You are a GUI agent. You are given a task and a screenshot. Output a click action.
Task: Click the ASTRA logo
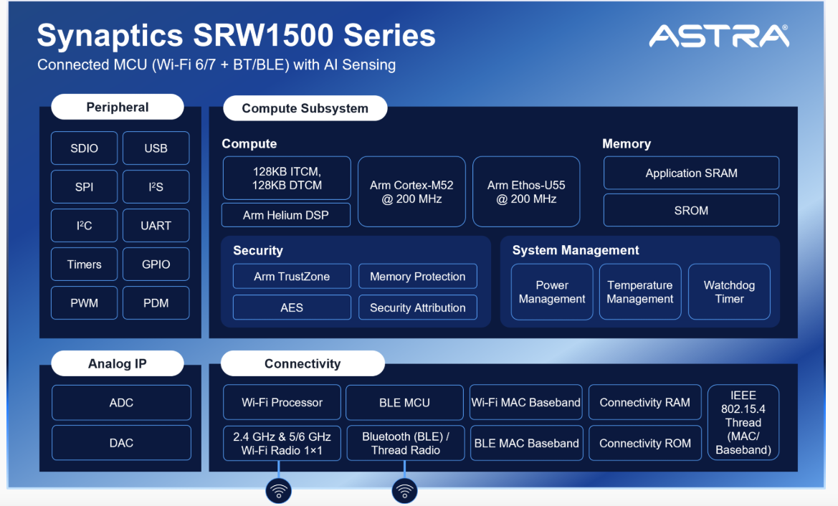coord(719,36)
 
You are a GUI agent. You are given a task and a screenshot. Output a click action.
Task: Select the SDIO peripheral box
coord(85,148)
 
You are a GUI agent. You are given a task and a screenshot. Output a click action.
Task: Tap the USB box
coord(156,148)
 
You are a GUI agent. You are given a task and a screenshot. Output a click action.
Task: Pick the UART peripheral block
coord(156,226)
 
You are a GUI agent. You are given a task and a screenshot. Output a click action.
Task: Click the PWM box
coord(85,303)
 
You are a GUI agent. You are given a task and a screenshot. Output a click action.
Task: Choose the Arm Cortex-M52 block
coord(411,192)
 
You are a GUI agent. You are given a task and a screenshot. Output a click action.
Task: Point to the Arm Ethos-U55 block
coord(526,192)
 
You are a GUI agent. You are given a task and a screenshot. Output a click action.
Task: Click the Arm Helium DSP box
coord(286,215)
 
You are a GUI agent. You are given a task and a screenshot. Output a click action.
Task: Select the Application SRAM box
coord(691,173)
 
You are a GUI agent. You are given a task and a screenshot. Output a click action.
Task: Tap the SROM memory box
coord(691,211)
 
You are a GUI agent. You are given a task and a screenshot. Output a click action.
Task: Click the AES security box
coord(292,307)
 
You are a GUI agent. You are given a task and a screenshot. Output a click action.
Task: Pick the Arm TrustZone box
coord(292,276)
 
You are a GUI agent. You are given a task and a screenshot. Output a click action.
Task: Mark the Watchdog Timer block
coord(729,292)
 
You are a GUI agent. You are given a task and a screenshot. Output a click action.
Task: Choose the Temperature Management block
coord(640,292)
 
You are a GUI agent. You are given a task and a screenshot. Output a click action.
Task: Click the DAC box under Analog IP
coord(121,443)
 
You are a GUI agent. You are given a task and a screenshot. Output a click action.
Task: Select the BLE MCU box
coord(404,402)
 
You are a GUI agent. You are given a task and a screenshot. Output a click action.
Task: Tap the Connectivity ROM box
coord(645,443)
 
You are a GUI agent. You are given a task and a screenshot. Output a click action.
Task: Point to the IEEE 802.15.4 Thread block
coord(743,422)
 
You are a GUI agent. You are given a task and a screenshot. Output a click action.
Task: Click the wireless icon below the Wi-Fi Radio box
coord(278,490)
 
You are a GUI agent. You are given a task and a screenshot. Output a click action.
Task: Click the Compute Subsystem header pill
coord(305,108)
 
